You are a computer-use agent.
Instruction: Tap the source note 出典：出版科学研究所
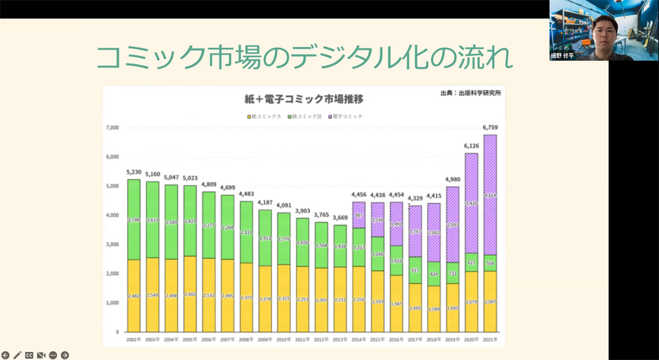coord(470,93)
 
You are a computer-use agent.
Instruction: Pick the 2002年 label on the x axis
coord(133,340)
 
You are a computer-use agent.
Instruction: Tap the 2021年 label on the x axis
coord(490,340)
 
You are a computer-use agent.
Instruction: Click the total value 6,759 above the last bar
coord(490,128)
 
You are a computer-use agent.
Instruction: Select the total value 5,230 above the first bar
coord(133,172)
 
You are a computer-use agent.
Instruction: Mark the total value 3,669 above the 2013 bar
coord(340,218)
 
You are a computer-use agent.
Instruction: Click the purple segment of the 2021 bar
coord(490,195)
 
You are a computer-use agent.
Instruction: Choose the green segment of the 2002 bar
coord(133,220)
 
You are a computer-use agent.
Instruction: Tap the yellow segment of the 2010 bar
coord(284,298)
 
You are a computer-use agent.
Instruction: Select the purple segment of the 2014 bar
coord(359,215)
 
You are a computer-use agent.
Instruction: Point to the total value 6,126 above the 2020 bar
coord(471,146)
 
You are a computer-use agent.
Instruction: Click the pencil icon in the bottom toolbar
coord(17,355)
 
